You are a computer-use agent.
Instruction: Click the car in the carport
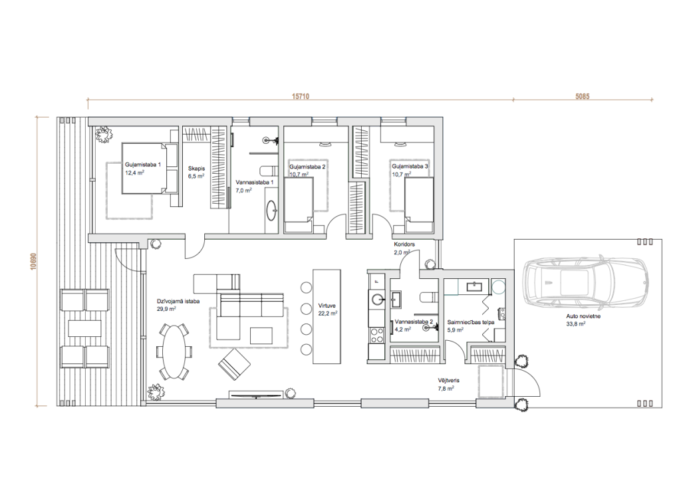pyautogui.click(x=587, y=282)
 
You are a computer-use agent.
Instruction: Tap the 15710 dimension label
pyautogui.click(x=301, y=96)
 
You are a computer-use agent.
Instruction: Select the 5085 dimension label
pyautogui.click(x=583, y=96)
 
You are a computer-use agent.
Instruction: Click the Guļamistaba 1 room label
pyautogui.click(x=143, y=165)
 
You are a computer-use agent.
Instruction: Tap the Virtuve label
pyautogui.click(x=327, y=306)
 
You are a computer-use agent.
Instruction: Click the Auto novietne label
pyautogui.click(x=583, y=316)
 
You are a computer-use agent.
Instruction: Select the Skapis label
pyautogui.click(x=196, y=168)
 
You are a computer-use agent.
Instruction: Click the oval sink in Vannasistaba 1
pyautogui.click(x=272, y=211)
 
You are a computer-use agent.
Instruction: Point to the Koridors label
pyautogui.click(x=404, y=244)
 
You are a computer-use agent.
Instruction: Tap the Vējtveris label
pyautogui.click(x=449, y=381)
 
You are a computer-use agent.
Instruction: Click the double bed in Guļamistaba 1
pyautogui.click(x=150, y=168)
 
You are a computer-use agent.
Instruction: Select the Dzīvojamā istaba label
pyautogui.click(x=178, y=301)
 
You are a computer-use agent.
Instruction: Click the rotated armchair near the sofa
pyautogui.click(x=234, y=364)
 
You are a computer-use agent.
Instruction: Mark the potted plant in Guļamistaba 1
pyautogui.click(x=104, y=134)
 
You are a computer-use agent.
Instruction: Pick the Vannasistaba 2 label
pyautogui.click(x=414, y=322)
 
